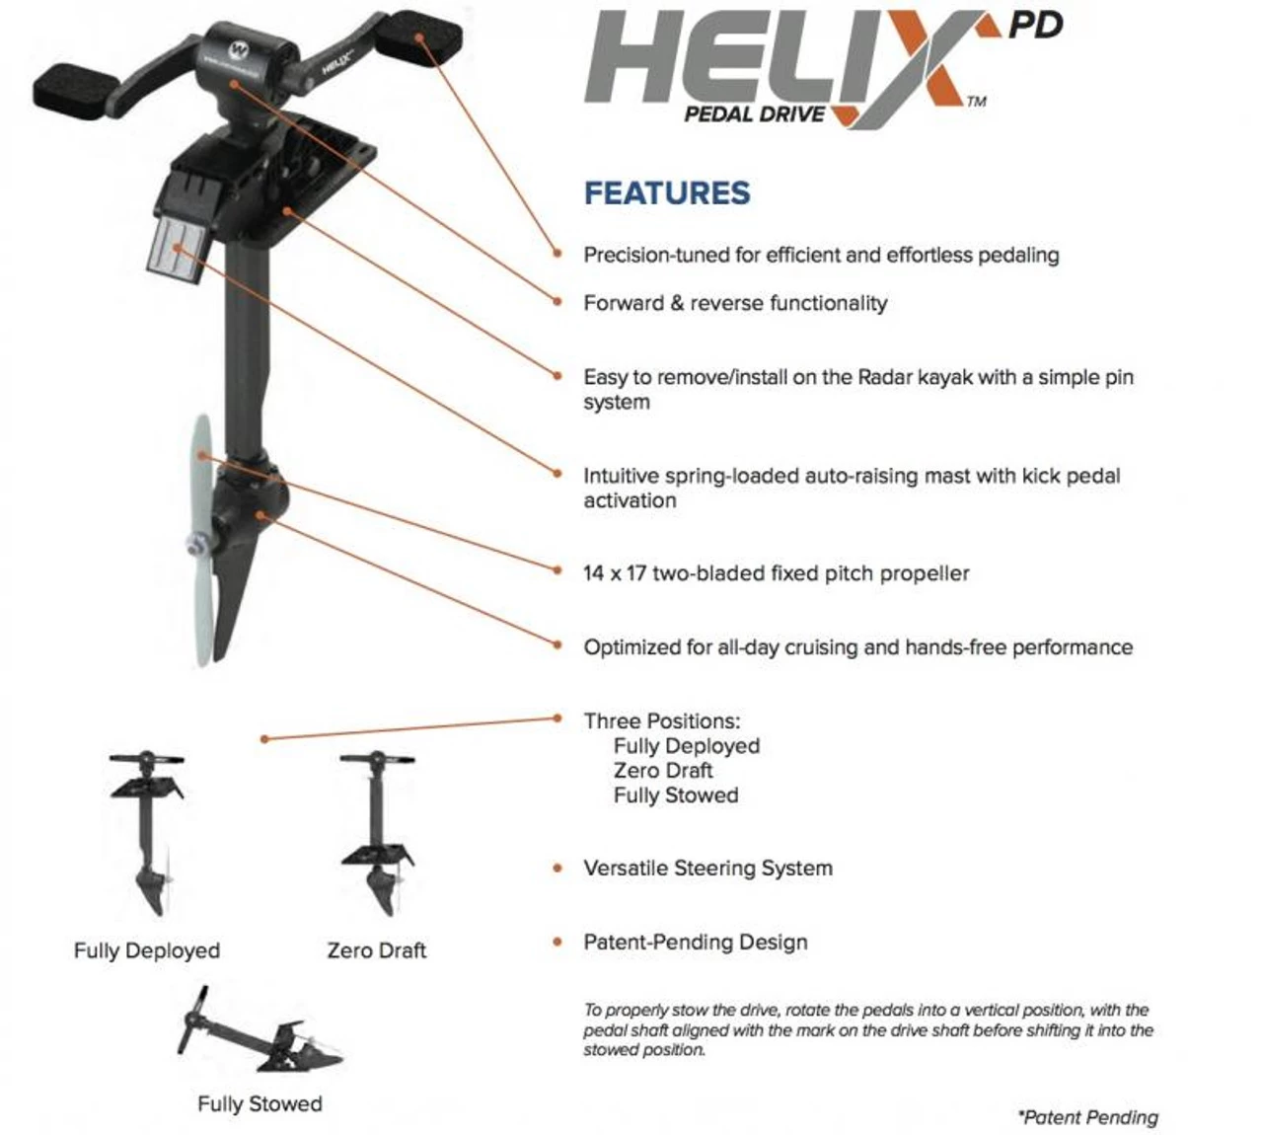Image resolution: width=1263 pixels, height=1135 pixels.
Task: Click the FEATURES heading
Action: [667, 193]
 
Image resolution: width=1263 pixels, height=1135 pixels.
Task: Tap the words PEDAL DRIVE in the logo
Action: [755, 114]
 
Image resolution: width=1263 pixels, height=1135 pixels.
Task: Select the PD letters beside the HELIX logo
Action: [1035, 25]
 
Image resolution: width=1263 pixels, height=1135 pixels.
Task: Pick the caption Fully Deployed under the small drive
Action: [147, 950]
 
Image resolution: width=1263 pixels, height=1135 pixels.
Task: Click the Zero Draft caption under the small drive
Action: [377, 950]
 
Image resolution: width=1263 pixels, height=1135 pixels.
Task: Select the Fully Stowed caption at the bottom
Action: [260, 1103]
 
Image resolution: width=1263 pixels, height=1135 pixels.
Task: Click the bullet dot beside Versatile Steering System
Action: [558, 869]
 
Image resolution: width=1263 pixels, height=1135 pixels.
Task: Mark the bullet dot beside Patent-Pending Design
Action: [558, 943]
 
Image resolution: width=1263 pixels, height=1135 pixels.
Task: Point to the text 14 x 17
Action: [614, 573]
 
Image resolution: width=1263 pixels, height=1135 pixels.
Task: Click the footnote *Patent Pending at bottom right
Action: [1088, 1117]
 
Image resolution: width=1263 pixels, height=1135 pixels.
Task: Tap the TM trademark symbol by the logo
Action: [976, 102]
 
